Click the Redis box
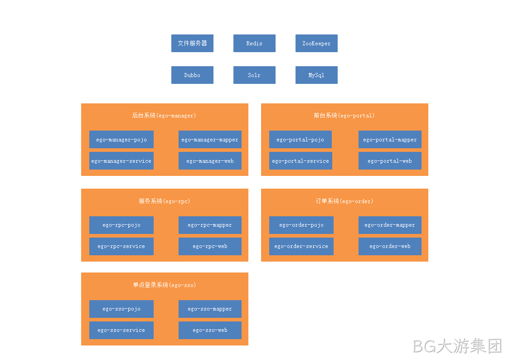point(254,43)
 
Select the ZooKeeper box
point(316,43)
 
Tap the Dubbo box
point(192,75)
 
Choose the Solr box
point(254,75)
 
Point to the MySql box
point(316,75)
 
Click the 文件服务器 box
point(192,43)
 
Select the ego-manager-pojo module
point(121,139)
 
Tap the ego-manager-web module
point(210,161)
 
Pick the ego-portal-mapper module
point(390,139)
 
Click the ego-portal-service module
point(301,161)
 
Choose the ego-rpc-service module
point(121,246)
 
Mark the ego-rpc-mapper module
point(210,225)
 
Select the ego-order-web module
point(390,246)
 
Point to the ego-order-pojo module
point(301,225)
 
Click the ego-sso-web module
point(210,330)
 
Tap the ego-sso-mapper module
point(210,309)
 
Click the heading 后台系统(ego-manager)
point(164,116)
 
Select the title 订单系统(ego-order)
point(344,201)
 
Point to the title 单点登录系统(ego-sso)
point(164,285)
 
